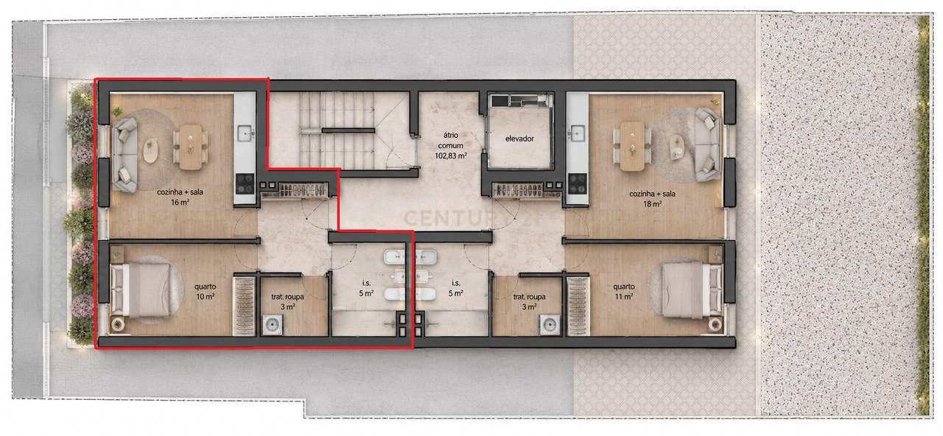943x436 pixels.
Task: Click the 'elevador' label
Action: point(519,138)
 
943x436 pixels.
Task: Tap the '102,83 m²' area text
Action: point(450,155)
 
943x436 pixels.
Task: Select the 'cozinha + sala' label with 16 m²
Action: point(180,192)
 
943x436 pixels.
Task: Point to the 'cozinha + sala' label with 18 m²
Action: point(652,194)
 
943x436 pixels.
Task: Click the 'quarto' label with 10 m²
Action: point(205,286)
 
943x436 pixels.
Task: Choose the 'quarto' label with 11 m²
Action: point(623,286)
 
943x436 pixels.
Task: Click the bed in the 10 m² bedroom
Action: point(141,289)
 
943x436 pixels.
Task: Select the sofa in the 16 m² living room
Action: point(125,155)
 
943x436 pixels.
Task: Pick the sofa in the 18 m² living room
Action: point(709,145)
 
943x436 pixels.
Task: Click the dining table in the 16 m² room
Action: point(191,147)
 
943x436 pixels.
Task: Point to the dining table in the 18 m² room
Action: point(632,146)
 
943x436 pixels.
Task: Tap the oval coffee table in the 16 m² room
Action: point(150,152)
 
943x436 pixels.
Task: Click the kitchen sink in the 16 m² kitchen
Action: point(245,133)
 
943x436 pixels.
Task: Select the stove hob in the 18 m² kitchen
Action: point(577,184)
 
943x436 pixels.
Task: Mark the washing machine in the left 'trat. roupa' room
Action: point(273,326)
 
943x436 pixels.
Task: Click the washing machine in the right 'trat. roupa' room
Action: point(550,326)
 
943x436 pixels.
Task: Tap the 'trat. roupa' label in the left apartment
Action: point(287,297)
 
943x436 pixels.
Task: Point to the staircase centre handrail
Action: point(348,130)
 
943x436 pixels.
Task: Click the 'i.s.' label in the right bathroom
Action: point(456,284)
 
